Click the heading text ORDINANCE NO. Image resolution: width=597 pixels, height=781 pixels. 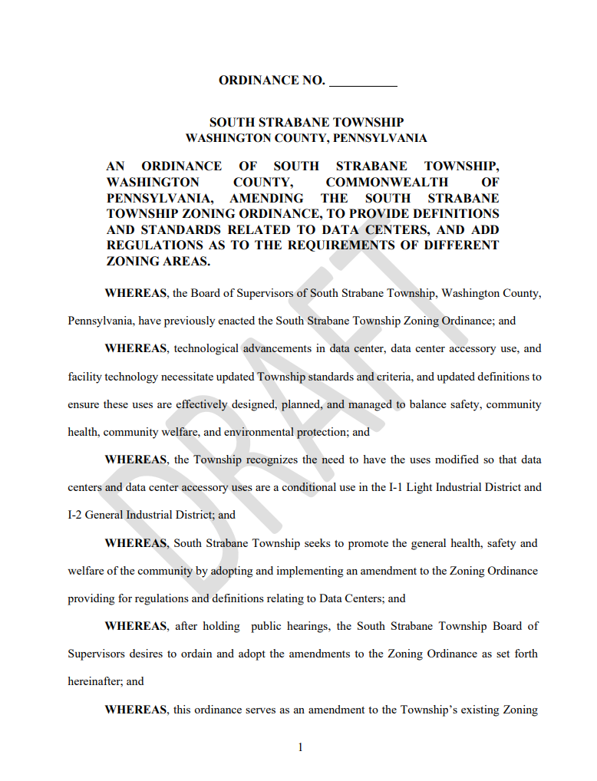pyautogui.click(x=272, y=81)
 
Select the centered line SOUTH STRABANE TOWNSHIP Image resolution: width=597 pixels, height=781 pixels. pyautogui.click(x=306, y=122)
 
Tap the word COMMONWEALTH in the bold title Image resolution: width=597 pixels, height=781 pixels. pyautogui.click(x=387, y=182)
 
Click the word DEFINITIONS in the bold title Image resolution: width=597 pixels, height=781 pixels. pyautogui.click(x=457, y=213)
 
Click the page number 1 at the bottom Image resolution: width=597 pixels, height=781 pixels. pyautogui.click(x=301, y=746)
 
